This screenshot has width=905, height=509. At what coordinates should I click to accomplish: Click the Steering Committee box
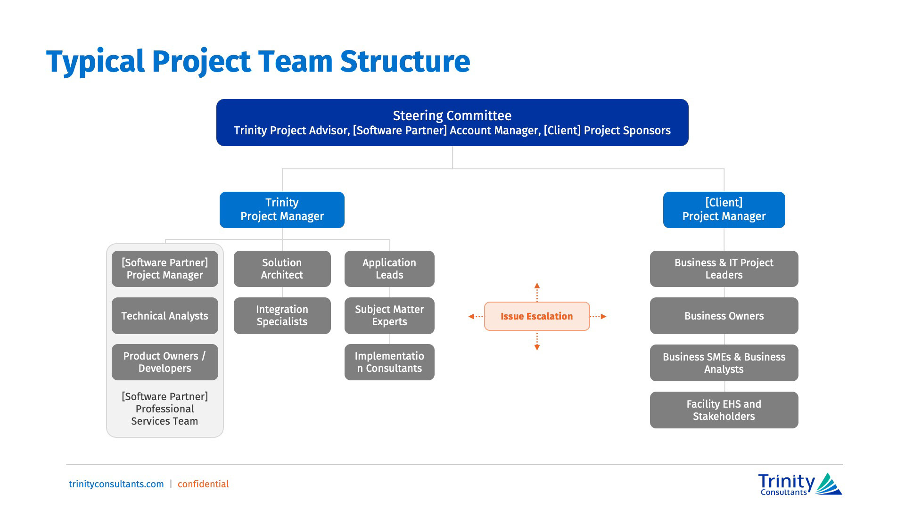pyautogui.click(x=452, y=123)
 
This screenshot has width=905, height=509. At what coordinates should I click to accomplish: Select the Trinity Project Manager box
pyautogui.click(x=282, y=210)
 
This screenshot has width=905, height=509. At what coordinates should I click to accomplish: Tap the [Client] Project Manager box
pyautogui.click(x=724, y=210)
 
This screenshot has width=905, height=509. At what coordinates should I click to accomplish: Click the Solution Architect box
pyautogui.click(x=282, y=269)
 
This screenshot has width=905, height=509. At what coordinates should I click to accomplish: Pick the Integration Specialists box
pyautogui.click(x=282, y=315)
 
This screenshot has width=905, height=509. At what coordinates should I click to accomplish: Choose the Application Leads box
pyautogui.click(x=389, y=269)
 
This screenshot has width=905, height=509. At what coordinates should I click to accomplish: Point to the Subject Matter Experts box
pyautogui.click(x=389, y=315)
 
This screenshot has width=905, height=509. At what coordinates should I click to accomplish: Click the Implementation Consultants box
pyautogui.click(x=389, y=362)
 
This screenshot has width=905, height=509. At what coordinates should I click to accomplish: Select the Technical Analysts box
pyautogui.click(x=165, y=316)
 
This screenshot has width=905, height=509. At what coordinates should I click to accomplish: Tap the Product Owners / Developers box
pyautogui.click(x=165, y=362)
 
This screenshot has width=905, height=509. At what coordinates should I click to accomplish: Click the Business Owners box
pyautogui.click(x=724, y=316)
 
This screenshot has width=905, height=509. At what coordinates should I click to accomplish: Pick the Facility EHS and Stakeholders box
pyautogui.click(x=724, y=410)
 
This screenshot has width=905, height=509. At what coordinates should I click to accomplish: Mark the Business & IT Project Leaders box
pyautogui.click(x=724, y=269)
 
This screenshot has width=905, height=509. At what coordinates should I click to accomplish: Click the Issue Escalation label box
pyautogui.click(x=536, y=316)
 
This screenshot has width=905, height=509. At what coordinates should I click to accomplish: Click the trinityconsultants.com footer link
pyautogui.click(x=116, y=484)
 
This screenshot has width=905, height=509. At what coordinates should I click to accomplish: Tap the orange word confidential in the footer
pyautogui.click(x=203, y=484)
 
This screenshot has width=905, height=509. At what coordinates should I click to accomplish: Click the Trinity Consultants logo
pyautogui.click(x=799, y=484)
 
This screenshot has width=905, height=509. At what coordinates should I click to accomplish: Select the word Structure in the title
pyautogui.click(x=405, y=61)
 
